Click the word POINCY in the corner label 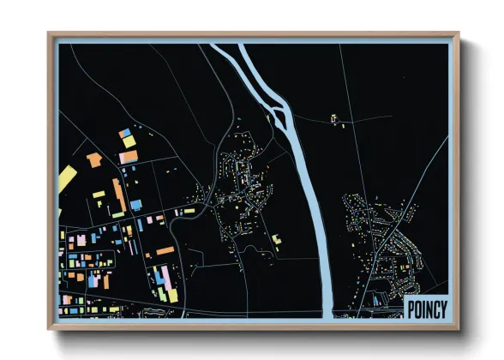coord(426,309)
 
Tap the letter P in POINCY coord(411,309)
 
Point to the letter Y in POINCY coord(442,309)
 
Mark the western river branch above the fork coord(249,74)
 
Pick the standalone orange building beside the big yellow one coord(93,159)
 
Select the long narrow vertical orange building coord(119,195)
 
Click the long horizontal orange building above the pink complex coord(165,251)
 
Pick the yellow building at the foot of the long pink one coord(172,296)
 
